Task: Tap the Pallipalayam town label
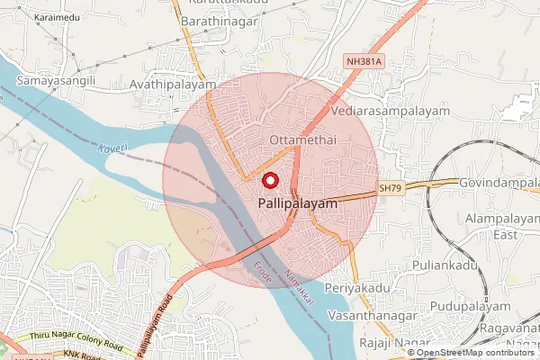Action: [x=298, y=204]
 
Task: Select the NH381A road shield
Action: [x=364, y=61]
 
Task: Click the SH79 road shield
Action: [x=388, y=188]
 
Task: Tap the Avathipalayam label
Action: [x=173, y=85]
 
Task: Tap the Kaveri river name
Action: [x=114, y=146]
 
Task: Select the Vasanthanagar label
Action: [x=371, y=317]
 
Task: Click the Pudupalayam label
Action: [x=470, y=306]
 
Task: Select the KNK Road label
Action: [x=82, y=355]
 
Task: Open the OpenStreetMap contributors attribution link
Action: [x=474, y=353]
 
